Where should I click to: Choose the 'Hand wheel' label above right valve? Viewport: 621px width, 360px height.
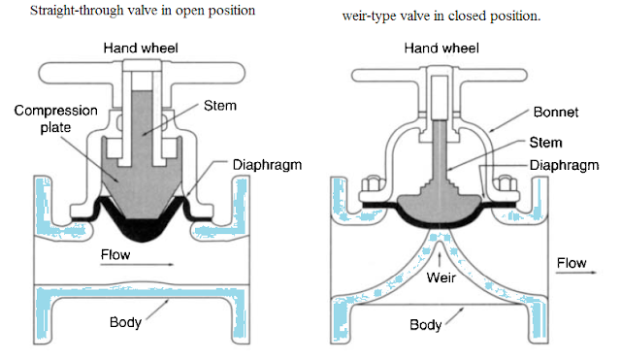[x=442, y=47]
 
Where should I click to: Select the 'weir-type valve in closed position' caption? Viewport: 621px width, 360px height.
[x=442, y=16]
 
